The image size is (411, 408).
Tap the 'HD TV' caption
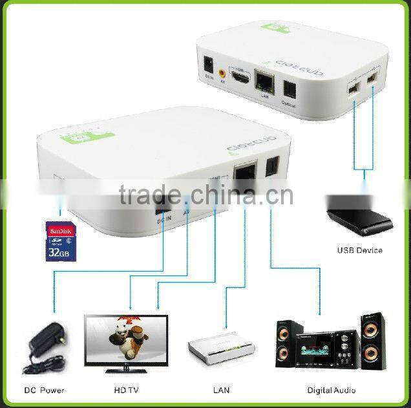pos(127,391)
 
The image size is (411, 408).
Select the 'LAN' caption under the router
pos(221,391)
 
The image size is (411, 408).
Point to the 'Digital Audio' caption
pos(331,391)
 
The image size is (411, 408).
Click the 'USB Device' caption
pos(359,250)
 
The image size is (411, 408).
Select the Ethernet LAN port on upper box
pos(263,80)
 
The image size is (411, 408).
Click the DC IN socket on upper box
pos(209,65)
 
